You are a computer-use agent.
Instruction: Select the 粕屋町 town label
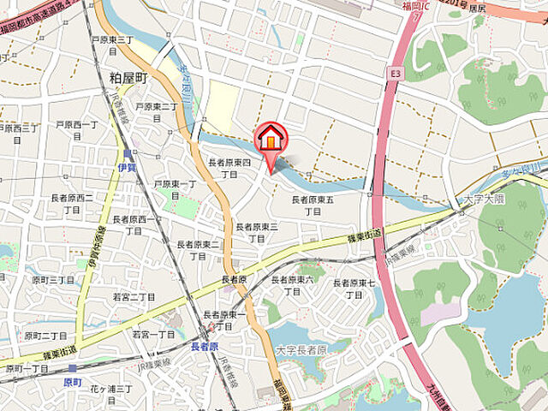(x=128, y=78)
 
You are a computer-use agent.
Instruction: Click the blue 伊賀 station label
(x=128, y=168)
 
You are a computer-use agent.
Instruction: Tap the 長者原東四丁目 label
(x=229, y=168)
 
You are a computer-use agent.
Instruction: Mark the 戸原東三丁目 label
(x=112, y=45)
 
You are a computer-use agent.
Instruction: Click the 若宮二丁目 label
(x=134, y=297)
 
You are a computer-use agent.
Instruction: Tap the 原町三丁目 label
(x=53, y=280)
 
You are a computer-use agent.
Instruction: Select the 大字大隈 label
(x=485, y=199)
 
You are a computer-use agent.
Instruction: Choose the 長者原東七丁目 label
(x=354, y=289)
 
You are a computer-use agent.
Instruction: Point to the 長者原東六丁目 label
(x=292, y=285)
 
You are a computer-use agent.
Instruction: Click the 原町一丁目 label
(x=27, y=368)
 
